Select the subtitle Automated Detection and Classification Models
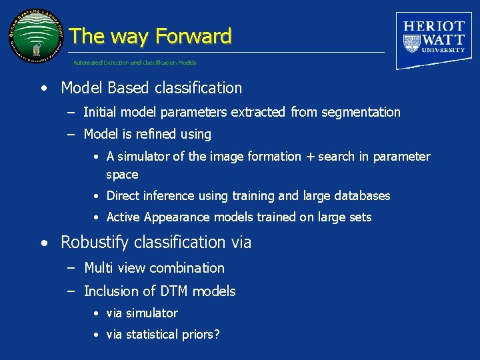pyautogui.click(x=135, y=63)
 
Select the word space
pyautogui.click(x=122, y=175)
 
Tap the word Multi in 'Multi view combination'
pyautogui.click(x=98, y=268)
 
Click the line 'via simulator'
pyautogui.click(x=142, y=313)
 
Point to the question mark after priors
pyautogui.click(x=217, y=335)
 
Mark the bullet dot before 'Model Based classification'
pyautogui.click(x=43, y=89)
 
